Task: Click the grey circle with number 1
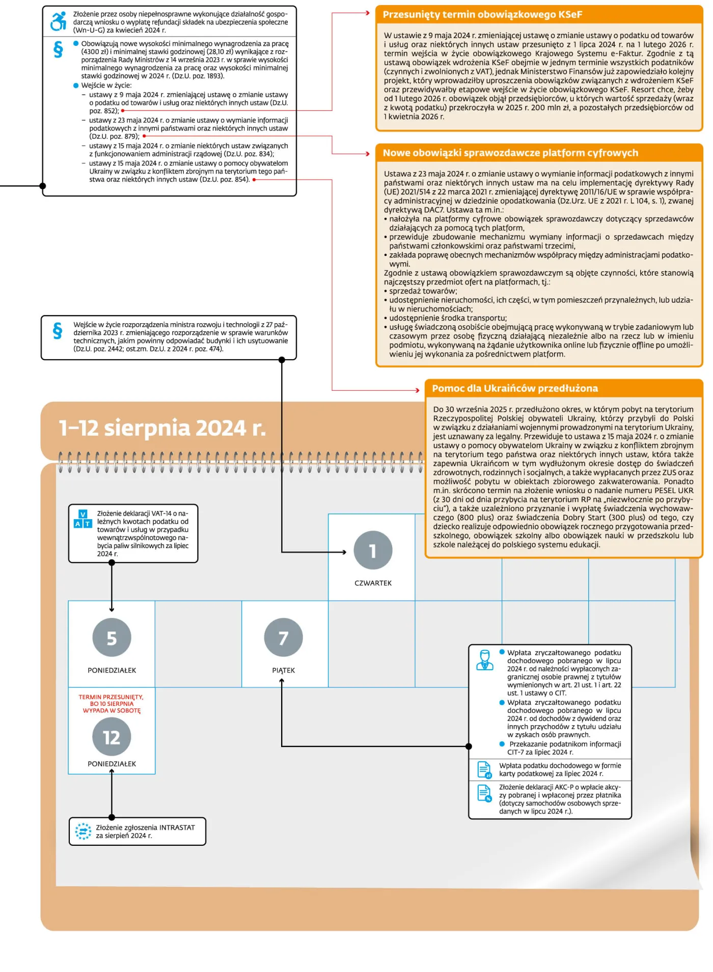click(373, 550)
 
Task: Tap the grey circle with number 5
click(112, 638)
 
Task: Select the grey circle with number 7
click(283, 638)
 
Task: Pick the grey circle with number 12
click(112, 737)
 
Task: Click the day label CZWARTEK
click(373, 583)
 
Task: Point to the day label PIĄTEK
click(283, 671)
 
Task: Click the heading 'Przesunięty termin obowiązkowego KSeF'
click(482, 15)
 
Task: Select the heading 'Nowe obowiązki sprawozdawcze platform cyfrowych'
click(510, 153)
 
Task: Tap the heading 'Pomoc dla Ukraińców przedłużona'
click(515, 388)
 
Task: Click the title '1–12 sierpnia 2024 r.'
click(162, 428)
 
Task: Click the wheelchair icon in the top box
click(59, 21)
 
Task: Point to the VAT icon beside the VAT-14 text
click(83, 519)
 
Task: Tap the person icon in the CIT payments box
click(484, 660)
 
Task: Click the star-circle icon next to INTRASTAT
click(83, 831)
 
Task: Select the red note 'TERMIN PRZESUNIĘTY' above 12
click(112, 704)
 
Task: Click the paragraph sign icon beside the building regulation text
click(58, 331)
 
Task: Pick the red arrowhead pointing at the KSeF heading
click(367, 13)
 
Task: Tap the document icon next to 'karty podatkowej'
click(484, 769)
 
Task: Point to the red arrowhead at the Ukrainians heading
click(417, 390)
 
